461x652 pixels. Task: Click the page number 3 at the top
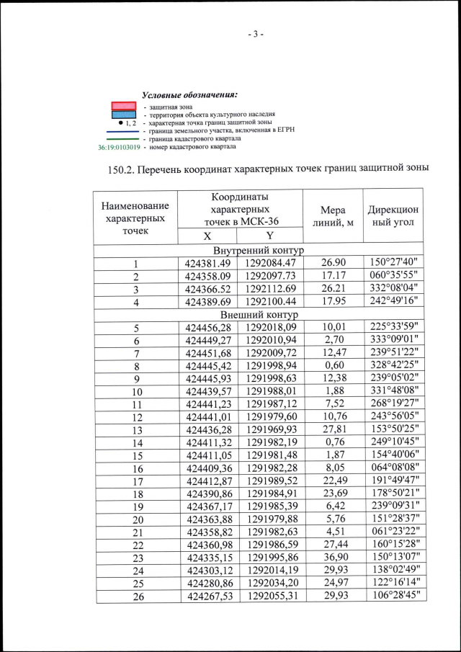(x=256, y=34)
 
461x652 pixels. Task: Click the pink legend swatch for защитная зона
(x=124, y=106)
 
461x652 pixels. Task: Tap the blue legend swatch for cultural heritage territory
(x=124, y=115)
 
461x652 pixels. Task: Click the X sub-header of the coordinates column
(x=207, y=236)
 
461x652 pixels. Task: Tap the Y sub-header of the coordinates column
(x=269, y=236)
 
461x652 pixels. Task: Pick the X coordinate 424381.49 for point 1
(x=207, y=264)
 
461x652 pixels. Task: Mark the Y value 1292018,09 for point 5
(x=269, y=328)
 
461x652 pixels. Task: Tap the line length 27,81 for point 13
(x=332, y=430)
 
